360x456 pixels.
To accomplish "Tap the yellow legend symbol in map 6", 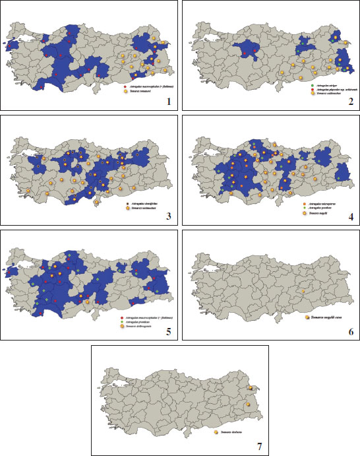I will pos(307,317).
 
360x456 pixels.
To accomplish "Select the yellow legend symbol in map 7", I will pos(217,432).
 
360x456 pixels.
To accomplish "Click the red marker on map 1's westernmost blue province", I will pos(9,46).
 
